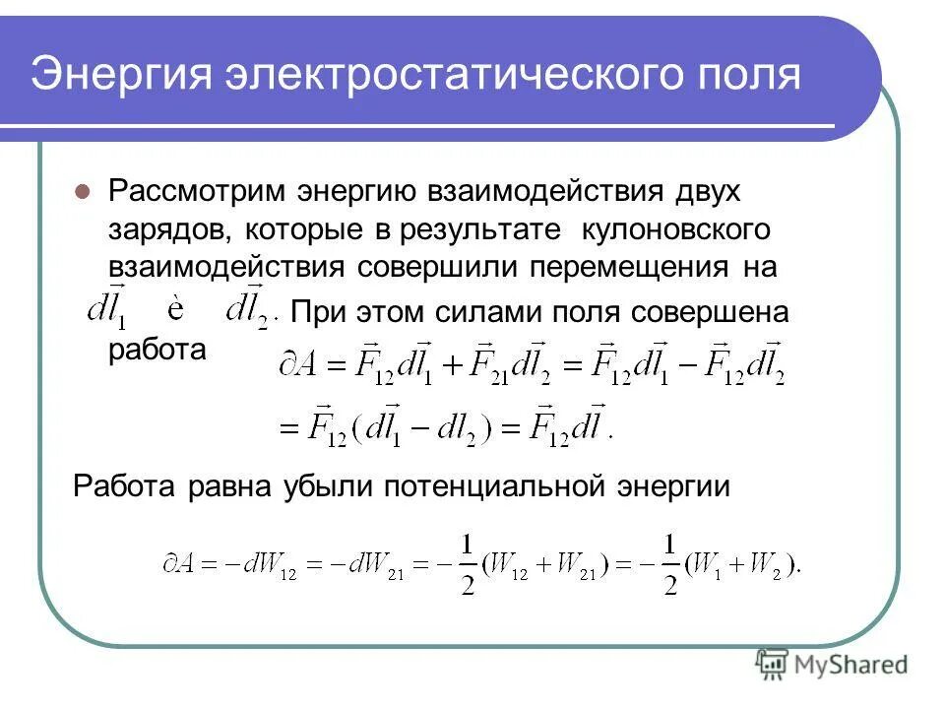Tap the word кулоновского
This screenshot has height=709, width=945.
point(675,229)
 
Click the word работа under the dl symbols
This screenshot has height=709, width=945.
point(157,351)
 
